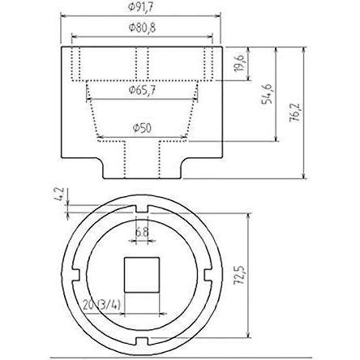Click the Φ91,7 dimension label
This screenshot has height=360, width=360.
pos(140,7)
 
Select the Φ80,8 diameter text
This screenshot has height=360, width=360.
pos(142,28)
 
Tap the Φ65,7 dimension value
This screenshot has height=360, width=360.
pos(142,90)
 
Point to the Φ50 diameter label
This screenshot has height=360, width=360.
pos(142,128)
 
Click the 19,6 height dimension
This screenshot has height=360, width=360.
pos(240,62)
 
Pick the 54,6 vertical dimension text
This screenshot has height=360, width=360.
pos(267,94)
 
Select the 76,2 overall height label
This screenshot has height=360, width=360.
pos(294,112)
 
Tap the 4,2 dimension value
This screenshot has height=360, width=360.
pos(60,195)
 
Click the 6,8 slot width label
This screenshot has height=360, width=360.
pos(142,232)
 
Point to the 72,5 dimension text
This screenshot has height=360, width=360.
pos(240,275)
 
